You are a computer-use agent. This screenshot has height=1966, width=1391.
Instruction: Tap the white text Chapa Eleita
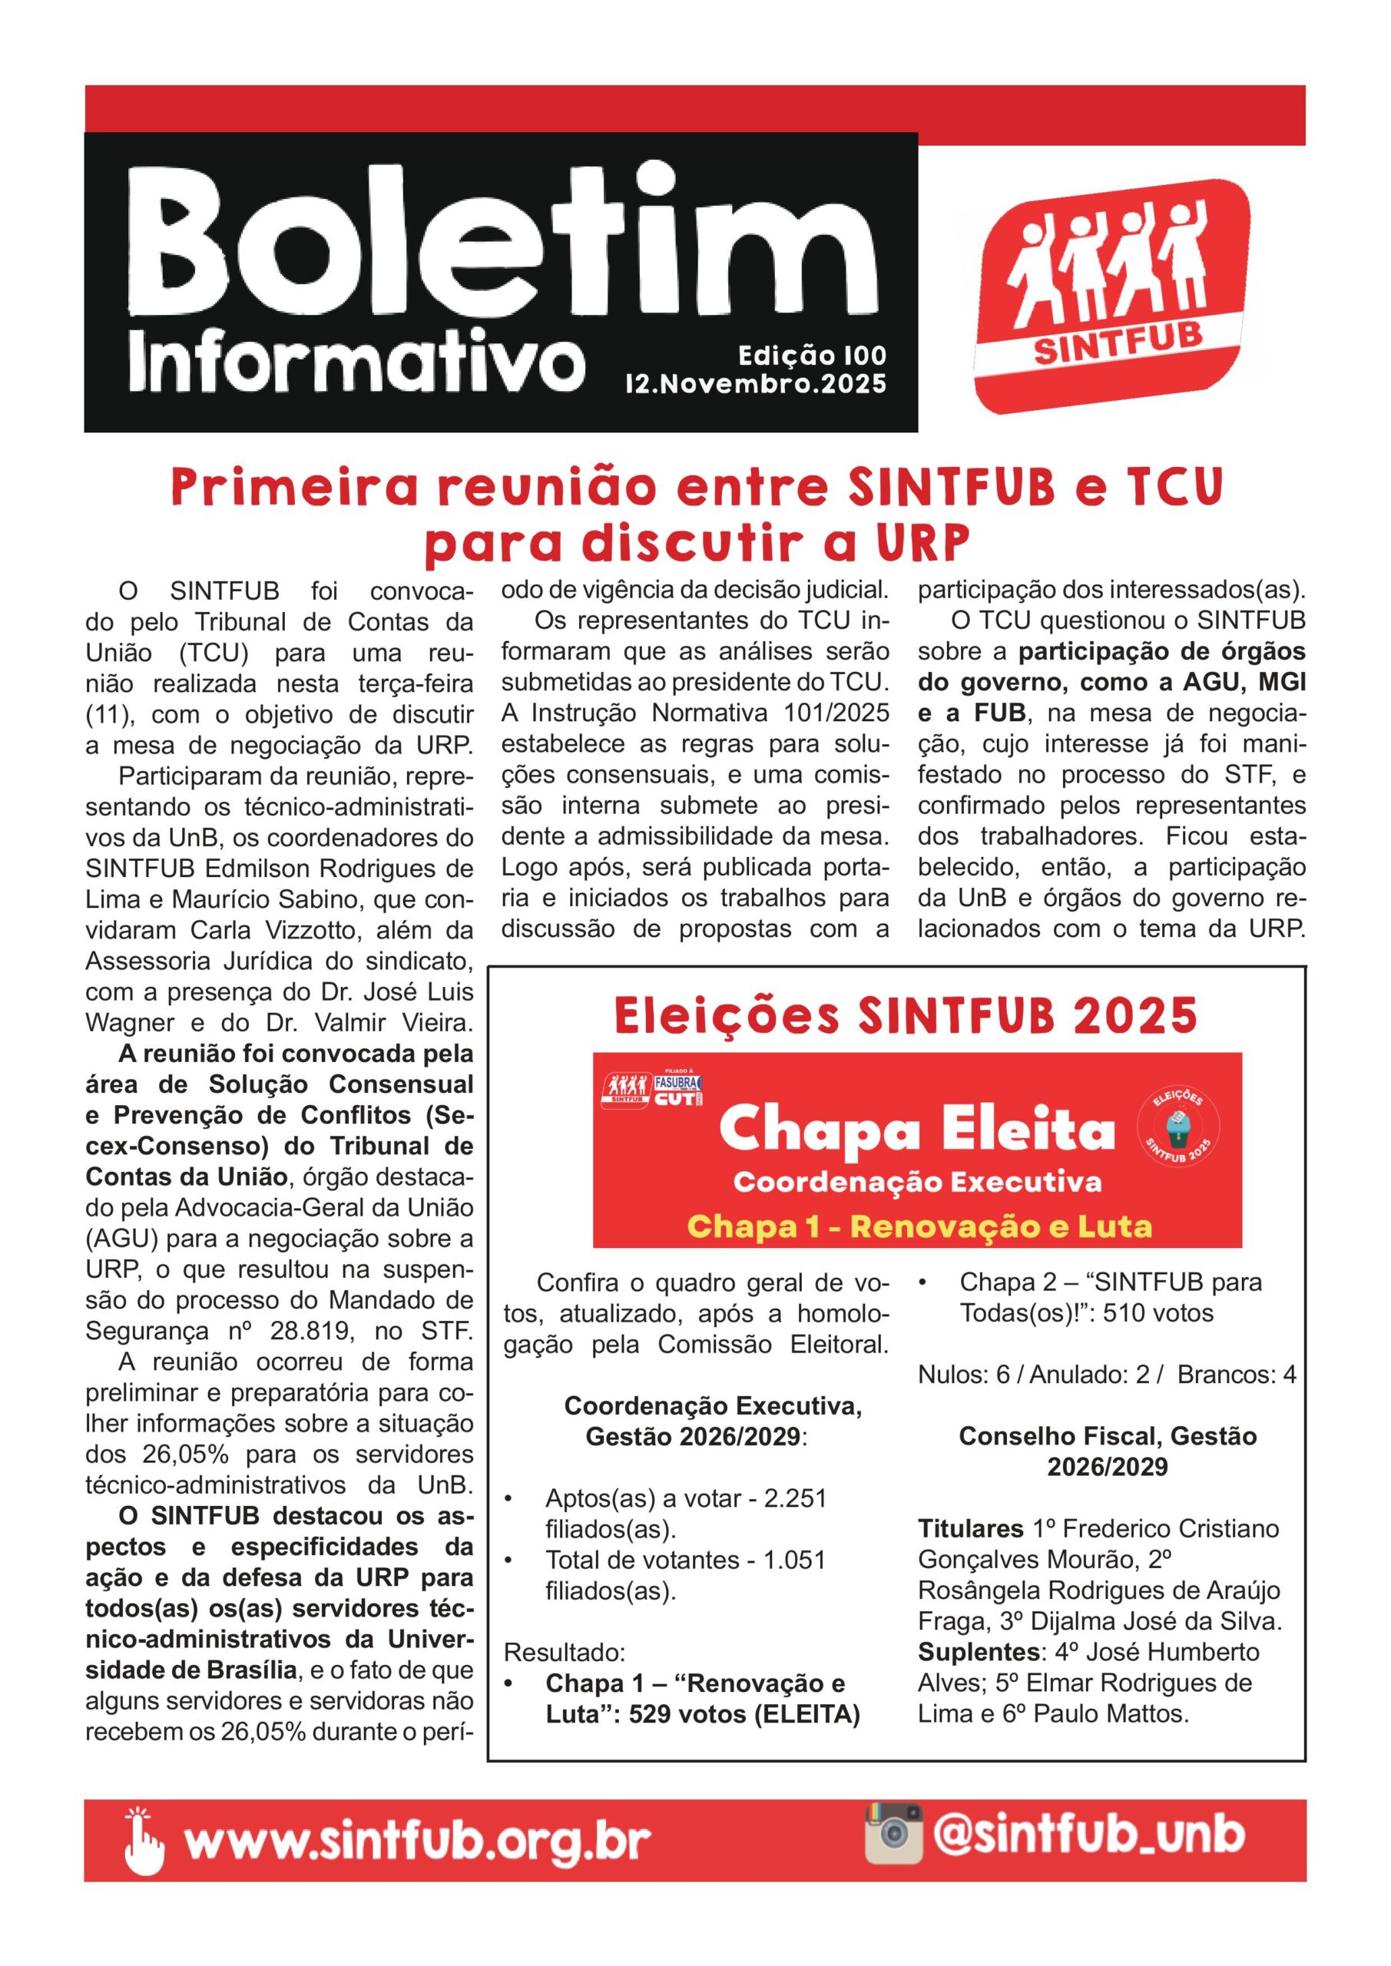coord(917,1130)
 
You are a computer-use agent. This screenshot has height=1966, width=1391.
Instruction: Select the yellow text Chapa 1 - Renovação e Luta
coord(920,1226)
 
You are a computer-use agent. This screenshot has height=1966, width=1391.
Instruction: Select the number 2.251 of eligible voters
coord(795,1498)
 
